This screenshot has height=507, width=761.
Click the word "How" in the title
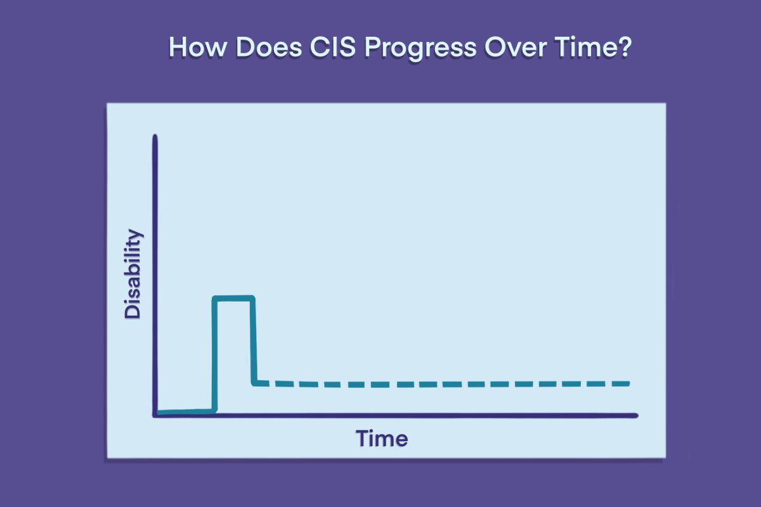pyautogui.click(x=197, y=47)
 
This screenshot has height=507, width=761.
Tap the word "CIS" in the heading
pyautogui.click(x=332, y=47)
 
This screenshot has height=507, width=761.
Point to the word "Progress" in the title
pyautogui.click(x=420, y=49)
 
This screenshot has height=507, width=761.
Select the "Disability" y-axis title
pyautogui.click(x=133, y=274)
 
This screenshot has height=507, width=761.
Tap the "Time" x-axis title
pyautogui.click(x=382, y=439)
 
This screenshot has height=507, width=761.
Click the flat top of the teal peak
pyautogui.click(x=234, y=298)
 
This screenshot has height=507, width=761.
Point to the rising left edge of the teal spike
pyautogui.click(x=214, y=355)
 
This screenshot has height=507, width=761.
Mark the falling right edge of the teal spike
pyautogui.click(x=253, y=340)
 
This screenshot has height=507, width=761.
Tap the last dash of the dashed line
pyautogui.click(x=619, y=383)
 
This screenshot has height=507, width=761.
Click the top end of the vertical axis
pyautogui.click(x=155, y=136)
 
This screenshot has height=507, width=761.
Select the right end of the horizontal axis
pyautogui.click(x=636, y=416)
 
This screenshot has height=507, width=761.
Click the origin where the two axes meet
pyautogui.click(x=155, y=415)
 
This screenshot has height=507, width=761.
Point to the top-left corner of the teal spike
pyautogui.click(x=214, y=298)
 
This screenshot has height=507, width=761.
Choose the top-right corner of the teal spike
pyautogui.click(x=253, y=298)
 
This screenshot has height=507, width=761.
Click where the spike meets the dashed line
pyautogui.click(x=254, y=383)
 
